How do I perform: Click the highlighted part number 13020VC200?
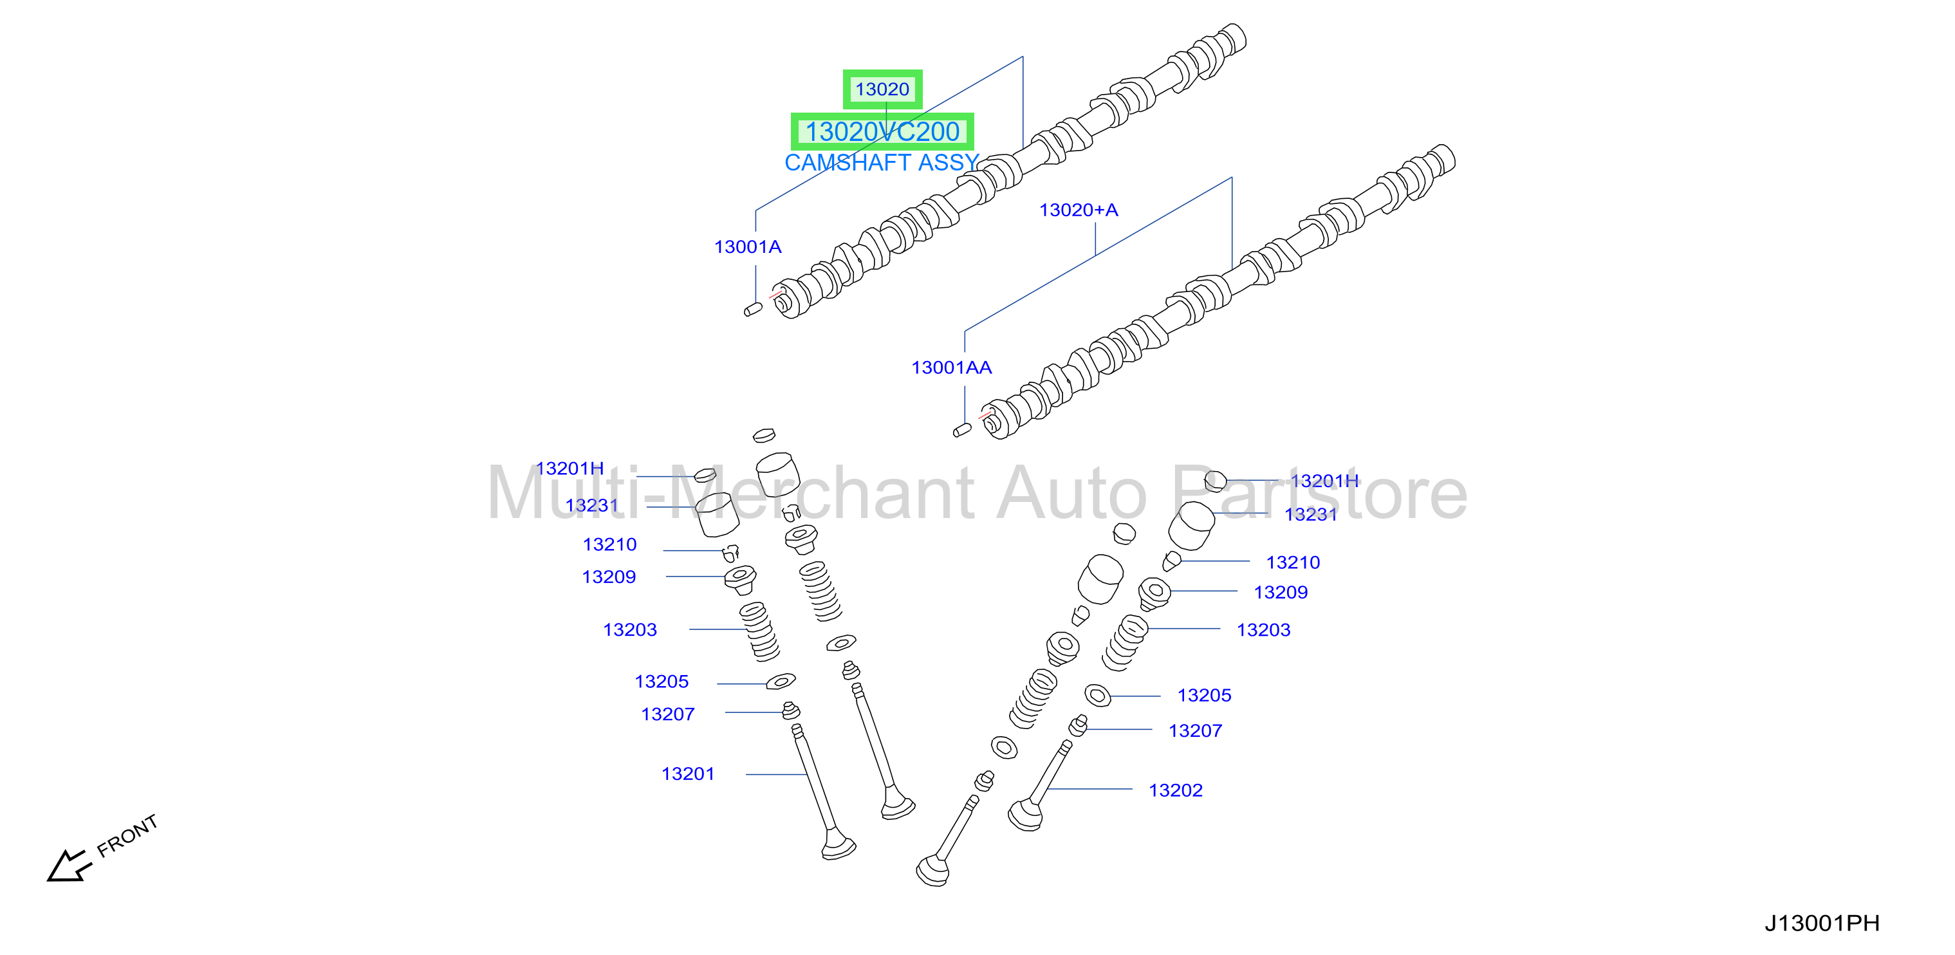click(x=882, y=132)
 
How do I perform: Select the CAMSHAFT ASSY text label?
click(x=882, y=162)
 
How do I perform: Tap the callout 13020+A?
click(x=1079, y=210)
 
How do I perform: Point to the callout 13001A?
click(x=748, y=246)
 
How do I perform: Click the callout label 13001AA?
click(x=952, y=368)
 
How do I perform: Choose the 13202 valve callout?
click(x=1176, y=790)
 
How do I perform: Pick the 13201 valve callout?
click(x=687, y=774)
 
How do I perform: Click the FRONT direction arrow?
click(x=69, y=866)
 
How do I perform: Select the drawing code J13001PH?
click(x=1821, y=923)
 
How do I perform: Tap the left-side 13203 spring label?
click(x=630, y=629)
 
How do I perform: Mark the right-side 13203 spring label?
click(x=1264, y=629)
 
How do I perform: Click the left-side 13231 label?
click(x=592, y=505)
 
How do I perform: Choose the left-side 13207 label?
click(x=668, y=714)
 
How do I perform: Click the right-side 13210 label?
click(x=1293, y=562)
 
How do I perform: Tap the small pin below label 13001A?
click(x=753, y=309)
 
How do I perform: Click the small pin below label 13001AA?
click(x=962, y=431)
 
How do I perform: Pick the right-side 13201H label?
click(x=1325, y=481)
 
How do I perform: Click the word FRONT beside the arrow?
click(x=127, y=835)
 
